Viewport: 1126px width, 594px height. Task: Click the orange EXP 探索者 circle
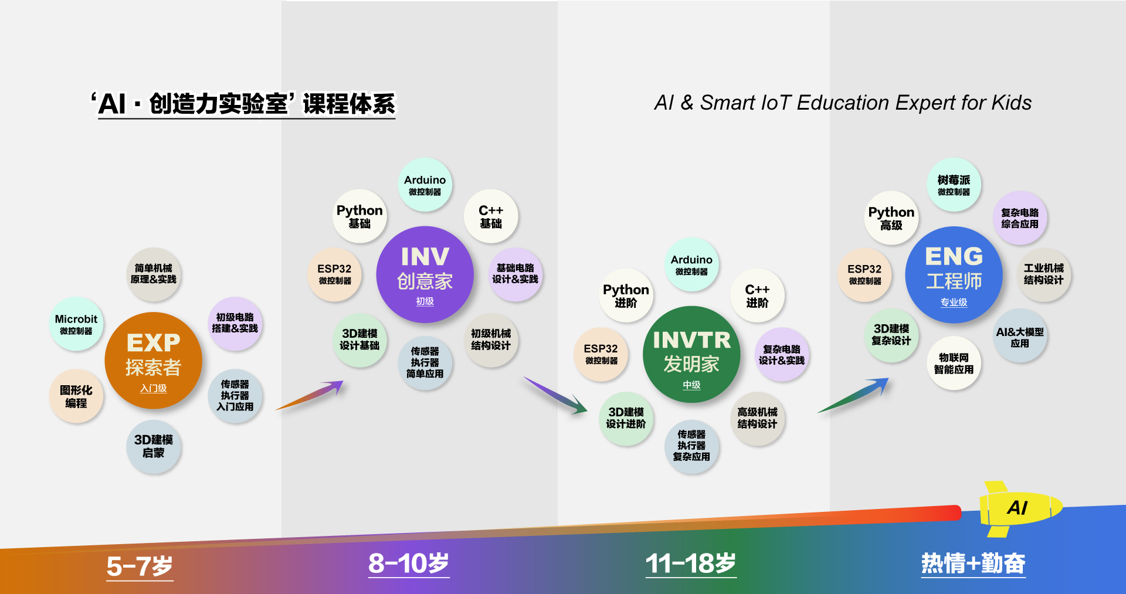153,361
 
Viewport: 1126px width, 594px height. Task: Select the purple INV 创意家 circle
425,274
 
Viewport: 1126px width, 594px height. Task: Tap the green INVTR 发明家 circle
691,354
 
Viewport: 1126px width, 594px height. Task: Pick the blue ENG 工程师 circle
954,274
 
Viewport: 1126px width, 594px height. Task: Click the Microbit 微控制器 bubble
76,324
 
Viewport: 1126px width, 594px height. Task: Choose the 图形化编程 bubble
76,396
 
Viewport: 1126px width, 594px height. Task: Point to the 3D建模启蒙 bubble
154,446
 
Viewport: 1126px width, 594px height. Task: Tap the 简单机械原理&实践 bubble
154,274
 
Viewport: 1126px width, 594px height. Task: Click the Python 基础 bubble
359,216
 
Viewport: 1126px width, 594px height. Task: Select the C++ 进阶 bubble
757,296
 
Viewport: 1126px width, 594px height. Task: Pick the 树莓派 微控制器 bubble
954,185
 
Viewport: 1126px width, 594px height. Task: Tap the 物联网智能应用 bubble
954,363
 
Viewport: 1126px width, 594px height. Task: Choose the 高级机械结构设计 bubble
757,418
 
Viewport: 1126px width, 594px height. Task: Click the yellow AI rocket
1018,508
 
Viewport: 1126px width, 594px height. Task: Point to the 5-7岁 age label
140,566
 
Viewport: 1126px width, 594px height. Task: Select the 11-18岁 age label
691,564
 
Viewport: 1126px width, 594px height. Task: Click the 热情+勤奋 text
974,564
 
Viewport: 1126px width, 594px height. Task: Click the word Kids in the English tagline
1012,103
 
